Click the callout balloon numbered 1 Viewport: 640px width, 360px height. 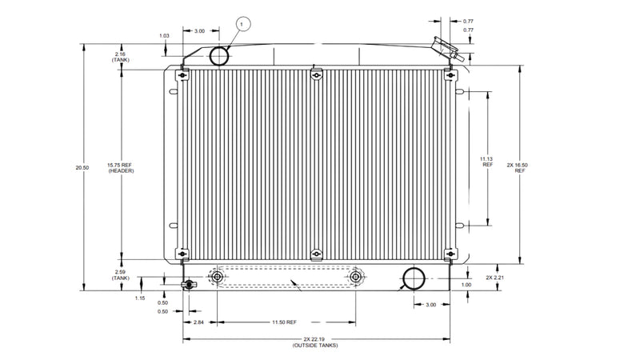241,24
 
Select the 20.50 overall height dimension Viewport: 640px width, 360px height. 78,167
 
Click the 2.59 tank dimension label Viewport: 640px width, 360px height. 120,275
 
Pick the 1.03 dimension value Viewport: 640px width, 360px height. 164,35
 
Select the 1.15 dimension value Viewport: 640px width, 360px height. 139,298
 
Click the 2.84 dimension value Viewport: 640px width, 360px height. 199,322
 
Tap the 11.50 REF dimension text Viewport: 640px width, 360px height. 284,322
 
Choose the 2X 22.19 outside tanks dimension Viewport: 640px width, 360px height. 314,342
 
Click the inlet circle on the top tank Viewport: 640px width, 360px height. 219,55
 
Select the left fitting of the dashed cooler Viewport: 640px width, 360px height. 217,277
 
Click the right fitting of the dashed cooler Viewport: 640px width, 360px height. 356,277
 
